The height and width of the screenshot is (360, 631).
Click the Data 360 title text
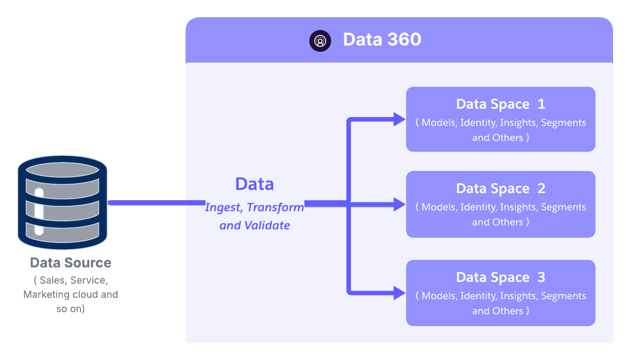[382, 40]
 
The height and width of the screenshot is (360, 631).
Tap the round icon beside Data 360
[320, 41]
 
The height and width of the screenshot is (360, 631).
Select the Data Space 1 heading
[500, 104]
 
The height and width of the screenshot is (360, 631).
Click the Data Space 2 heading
[500, 189]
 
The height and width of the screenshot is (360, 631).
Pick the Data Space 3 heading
[500, 277]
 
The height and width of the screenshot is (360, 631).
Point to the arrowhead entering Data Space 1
[399, 119]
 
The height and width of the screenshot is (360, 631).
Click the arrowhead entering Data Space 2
[399, 204]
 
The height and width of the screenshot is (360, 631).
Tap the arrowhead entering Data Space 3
[399, 292]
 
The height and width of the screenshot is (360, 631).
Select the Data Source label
[71, 263]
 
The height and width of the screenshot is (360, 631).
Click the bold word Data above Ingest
[255, 184]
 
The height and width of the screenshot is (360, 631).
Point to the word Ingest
[223, 207]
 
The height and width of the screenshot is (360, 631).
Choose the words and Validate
[255, 225]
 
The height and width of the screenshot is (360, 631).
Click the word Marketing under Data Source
[44, 295]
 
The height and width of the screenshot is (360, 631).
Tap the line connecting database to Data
[157, 203]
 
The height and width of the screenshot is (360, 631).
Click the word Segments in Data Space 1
[563, 123]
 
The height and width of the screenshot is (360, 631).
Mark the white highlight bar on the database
[39, 211]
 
